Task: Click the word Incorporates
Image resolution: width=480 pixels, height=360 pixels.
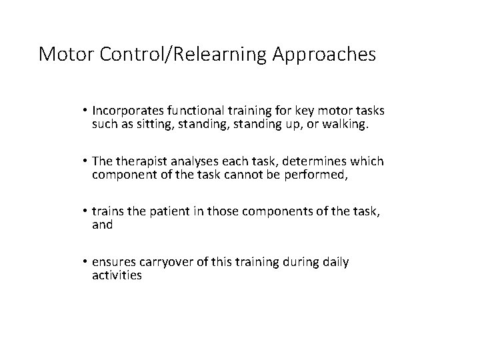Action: tap(129, 110)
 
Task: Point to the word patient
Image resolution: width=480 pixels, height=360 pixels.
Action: tap(163, 211)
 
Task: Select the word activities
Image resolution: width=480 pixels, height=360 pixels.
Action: tap(117, 275)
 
